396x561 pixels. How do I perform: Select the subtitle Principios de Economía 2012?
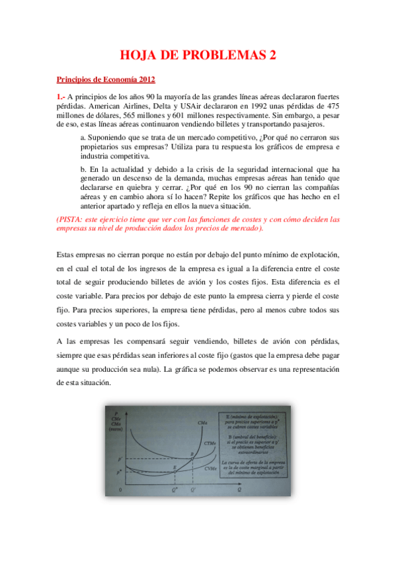coord(106,80)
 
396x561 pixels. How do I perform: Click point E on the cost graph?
coord(175,468)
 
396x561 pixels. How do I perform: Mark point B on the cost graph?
coord(192,454)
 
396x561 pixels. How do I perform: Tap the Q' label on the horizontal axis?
coord(193,490)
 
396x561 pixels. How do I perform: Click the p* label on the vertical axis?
coord(120,471)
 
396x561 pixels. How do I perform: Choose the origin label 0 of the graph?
coord(120,490)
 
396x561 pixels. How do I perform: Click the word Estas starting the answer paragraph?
coord(67,255)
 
